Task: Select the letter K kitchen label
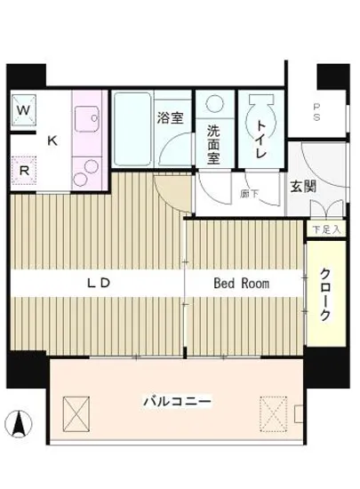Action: (52, 140)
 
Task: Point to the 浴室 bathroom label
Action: (171, 117)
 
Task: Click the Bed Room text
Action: (241, 284)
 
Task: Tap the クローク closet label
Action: (326, 296)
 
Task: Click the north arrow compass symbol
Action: (20, 421)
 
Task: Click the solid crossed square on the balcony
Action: (76, 411)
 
